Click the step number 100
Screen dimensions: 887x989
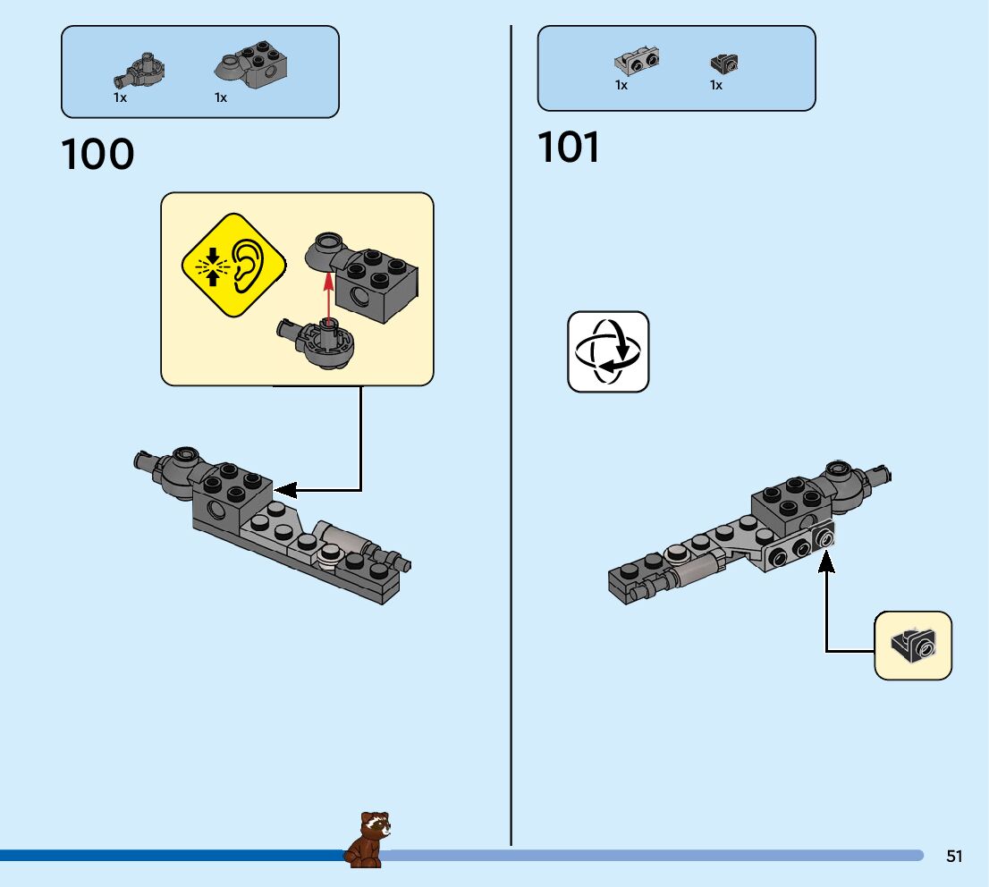[97, 155]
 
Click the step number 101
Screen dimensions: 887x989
[569, 148]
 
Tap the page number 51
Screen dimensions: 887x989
[954, 856]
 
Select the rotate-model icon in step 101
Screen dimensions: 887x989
[608, 351]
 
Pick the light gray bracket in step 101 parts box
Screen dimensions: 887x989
[637, 61]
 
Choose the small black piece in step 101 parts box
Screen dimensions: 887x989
[723, 63]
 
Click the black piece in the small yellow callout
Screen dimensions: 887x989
[913, 644]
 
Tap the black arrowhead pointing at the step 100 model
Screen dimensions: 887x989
[285, 490]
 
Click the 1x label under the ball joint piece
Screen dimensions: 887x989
[120, 97]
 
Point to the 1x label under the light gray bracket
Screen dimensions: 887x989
[621, 85]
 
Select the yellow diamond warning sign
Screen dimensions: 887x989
[233, 264]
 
